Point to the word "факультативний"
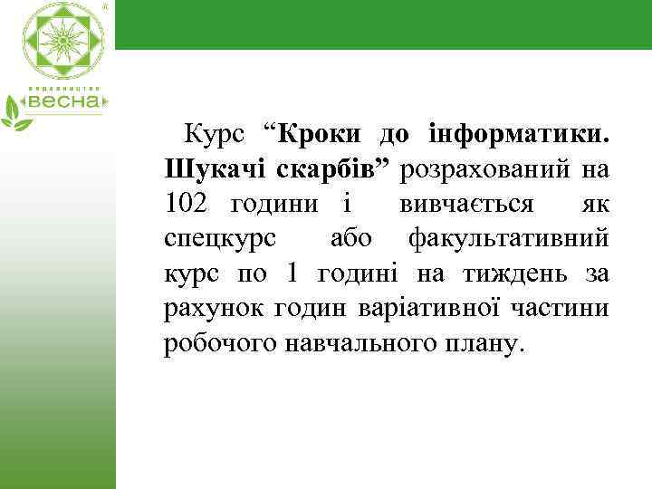tap(509, 239)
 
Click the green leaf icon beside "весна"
tap(14, 111)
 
